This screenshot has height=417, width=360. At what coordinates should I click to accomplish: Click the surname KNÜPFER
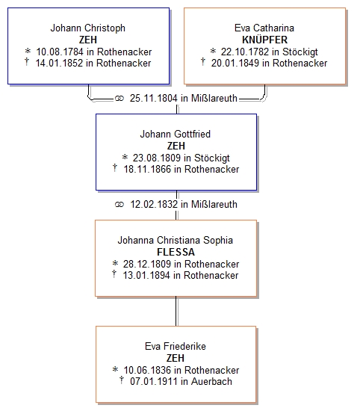coord(264,40)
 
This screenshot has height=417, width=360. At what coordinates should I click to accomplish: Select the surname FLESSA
coord(176,252)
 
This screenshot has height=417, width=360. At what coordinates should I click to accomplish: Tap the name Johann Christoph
coord(87,28)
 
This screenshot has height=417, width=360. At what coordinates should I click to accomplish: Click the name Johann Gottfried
coord(176,134)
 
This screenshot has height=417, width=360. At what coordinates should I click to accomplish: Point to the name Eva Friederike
coord(176,346)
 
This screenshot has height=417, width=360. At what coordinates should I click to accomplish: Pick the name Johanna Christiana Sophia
coord(176,240)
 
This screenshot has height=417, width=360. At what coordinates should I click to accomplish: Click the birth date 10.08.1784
coord(60,52)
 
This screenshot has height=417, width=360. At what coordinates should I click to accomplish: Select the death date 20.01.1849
coord(235,63)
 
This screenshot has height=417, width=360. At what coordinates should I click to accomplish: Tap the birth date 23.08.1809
coord(157,158)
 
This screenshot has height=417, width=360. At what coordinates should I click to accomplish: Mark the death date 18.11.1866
coord(147,169)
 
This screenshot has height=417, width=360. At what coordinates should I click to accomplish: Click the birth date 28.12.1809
coord(147,264)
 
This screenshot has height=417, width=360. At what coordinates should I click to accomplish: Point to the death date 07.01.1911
coord(154,381)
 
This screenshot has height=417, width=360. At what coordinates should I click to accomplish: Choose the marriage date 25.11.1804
coord(153,98)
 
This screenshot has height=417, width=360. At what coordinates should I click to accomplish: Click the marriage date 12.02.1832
coord(154,204)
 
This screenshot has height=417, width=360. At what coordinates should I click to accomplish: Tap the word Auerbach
coord(211,381)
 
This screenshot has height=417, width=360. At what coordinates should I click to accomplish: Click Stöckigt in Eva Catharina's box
coord(300,52)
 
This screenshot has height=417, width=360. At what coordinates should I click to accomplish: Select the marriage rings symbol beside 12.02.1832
coord(120,205)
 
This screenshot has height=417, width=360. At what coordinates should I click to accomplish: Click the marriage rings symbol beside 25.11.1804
coord(120,99)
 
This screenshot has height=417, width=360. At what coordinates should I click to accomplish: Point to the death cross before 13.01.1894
coord(114,274)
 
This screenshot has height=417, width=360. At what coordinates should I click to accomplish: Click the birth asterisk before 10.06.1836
coord(115,369)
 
